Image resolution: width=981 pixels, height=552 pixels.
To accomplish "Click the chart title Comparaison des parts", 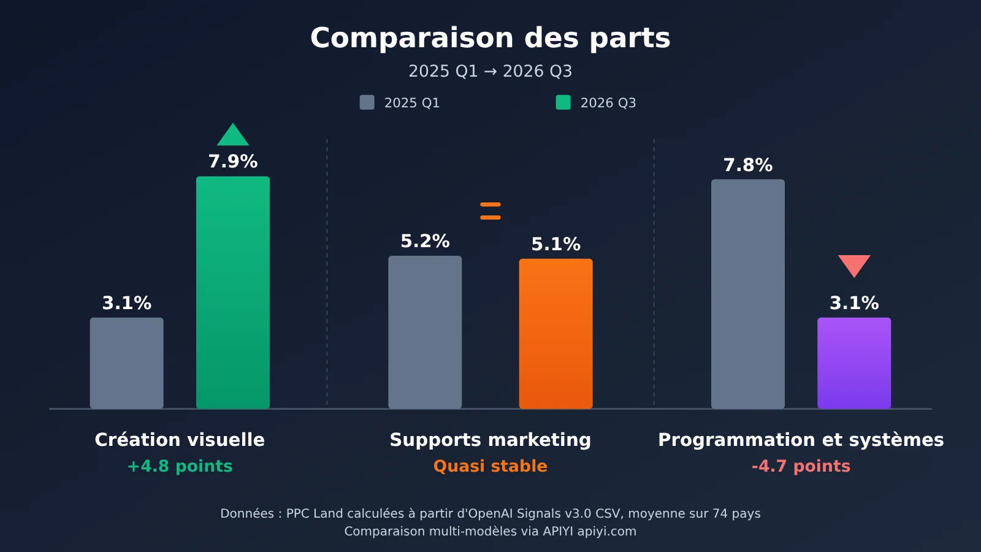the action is tap(490, 37).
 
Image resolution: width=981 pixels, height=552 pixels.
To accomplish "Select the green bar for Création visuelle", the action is tap(232, 292).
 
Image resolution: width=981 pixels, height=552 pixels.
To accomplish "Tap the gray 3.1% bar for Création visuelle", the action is tap(126, 363).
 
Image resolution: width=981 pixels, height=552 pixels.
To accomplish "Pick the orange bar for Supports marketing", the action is tap(555, 334).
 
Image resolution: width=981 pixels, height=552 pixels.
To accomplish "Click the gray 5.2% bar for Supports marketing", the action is tap(425, 332).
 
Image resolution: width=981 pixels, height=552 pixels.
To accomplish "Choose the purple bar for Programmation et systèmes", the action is tap(854, 363).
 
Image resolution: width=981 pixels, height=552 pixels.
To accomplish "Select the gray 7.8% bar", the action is tap(747, 294).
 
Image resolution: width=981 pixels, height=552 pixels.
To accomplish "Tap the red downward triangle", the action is tap(854, 264).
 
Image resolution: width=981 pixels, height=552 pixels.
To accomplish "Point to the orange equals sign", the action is tap(490, 211).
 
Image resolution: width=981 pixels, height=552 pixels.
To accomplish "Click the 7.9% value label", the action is tap(232, 162).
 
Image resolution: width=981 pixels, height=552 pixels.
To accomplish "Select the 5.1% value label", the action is tap(555, 245).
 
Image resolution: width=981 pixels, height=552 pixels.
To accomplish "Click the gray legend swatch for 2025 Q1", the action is tap(367, 102).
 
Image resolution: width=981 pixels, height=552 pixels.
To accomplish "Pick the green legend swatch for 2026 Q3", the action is tap(563, 102).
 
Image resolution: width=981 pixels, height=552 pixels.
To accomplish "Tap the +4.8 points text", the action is tap(180, 466).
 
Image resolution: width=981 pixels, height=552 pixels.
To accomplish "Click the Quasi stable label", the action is tap(490, 466).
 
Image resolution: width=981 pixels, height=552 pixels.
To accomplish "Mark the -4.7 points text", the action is tap(801, 466).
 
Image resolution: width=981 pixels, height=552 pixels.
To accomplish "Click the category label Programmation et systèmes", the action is tap(801, 440).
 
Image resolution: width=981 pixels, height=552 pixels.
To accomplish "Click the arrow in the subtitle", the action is tap(490, 71).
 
